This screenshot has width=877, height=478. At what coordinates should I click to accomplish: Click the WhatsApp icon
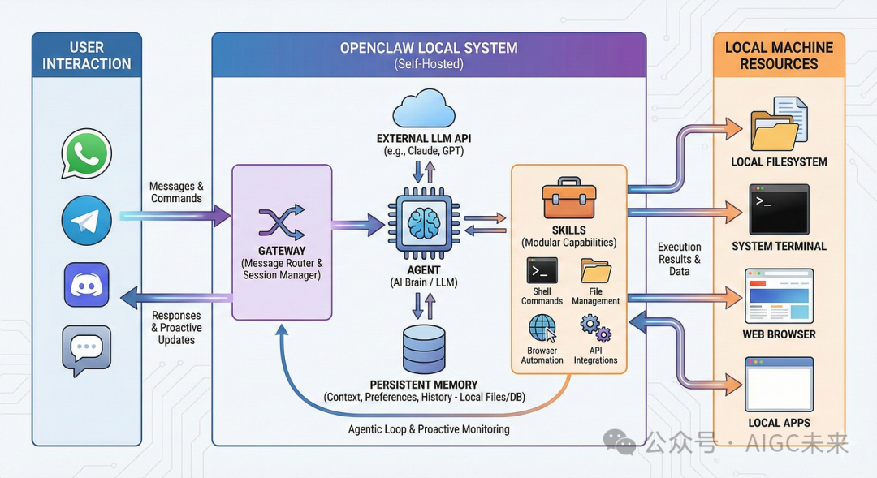[x=86, y=153]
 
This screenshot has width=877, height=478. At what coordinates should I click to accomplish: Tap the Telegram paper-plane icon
[x=86, y=220]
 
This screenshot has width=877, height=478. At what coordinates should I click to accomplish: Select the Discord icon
[x=86, y=286]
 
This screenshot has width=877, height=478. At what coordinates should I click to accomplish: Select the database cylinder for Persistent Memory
[x=424, y=348]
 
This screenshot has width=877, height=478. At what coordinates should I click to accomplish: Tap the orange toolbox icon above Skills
[x=568, y=200]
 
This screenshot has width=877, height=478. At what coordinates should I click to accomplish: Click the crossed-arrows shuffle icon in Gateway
[x=281, y=222]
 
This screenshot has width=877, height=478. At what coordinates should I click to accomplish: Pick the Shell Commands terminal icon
[x=542, y=270]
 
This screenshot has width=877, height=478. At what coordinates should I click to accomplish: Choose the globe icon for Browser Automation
[x=542, y=329]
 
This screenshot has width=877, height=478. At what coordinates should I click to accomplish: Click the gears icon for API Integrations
[x=595, y=329]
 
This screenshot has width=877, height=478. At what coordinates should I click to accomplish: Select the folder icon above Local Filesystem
[x=777, y=125]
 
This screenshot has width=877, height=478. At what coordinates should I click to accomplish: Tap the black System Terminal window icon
[x=779, y=209]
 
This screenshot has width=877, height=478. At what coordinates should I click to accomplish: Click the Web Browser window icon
[x=779, y=296]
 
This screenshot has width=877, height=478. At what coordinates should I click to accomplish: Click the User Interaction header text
[x=87, y=56]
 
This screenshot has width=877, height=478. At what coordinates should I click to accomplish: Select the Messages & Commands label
[x=176, y=192]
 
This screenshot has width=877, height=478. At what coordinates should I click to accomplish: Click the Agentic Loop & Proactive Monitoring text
[x=429, y=428]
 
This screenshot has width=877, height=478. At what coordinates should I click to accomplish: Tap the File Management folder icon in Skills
[x=595, y=270]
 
